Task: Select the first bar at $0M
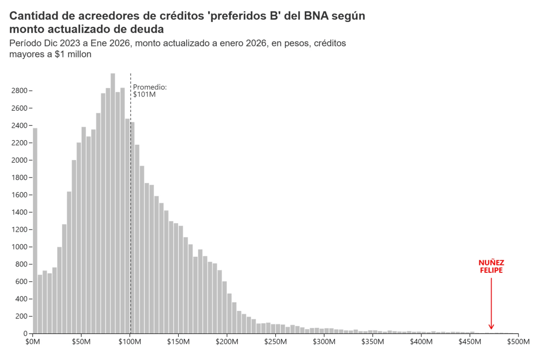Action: click(x=35, y=231)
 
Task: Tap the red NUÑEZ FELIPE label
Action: click(x=491, y=266)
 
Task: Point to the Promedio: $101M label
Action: click(x=149, y=91)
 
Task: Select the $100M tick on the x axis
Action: click(x=130, y=342)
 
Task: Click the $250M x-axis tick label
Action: click(x=275, y=342)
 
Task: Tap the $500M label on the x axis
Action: click(x=518, y=342)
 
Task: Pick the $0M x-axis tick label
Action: click(x=33, y=342)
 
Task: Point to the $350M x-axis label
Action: click(x=372, y=342)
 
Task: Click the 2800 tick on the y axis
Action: click(x=20, y=91)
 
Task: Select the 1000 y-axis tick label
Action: click(x=20, y=247)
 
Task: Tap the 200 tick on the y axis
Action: click(x=22, y=316)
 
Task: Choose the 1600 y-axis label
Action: click(x=20, y=195)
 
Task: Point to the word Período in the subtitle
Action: click(x=27, y=44)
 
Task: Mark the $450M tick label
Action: click(x=469, y=342)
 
